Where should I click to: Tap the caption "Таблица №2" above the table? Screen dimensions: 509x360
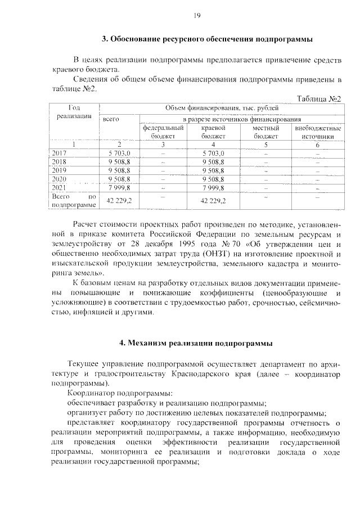[319, 99]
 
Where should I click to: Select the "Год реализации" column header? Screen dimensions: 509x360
[74, 111]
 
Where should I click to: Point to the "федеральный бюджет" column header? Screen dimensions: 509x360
[163, 132]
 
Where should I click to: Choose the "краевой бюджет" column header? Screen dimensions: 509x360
[213, 132]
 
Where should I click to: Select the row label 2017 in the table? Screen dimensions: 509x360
[59, 153]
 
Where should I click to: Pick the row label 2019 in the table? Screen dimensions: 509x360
[59, 170]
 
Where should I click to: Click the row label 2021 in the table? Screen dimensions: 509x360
[59, 187]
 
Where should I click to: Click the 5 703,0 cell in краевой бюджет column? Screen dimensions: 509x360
[213, 153]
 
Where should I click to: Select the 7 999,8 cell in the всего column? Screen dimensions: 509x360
[119, 187]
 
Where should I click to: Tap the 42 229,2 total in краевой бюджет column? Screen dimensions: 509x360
[213, 201]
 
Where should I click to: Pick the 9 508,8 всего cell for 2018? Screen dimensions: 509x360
[119, 161]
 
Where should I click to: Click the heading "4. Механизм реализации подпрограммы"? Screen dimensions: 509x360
[196, 343]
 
